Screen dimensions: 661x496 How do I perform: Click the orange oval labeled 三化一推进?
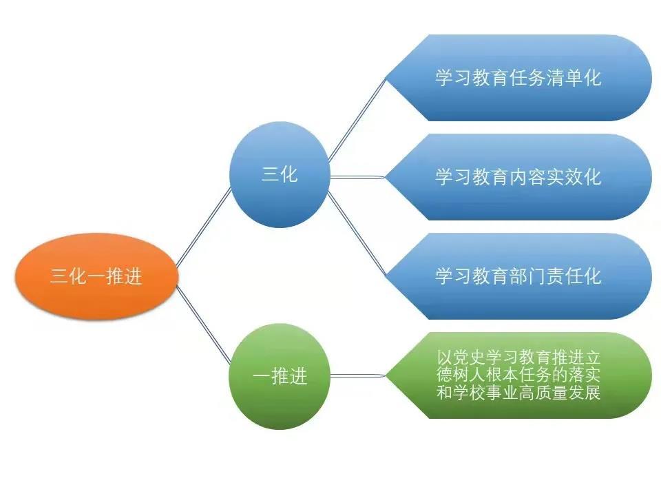[x=96, y=277]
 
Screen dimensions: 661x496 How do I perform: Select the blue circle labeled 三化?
[x=280, y=174]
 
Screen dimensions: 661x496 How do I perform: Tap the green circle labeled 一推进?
[x=280, y=376]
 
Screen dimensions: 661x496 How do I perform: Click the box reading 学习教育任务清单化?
[x=519, y=78]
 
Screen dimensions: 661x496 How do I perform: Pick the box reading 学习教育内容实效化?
[x=519, y=177]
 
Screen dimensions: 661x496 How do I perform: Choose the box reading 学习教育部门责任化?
[x=519, y=276]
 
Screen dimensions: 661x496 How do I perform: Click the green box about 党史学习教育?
[x=519, y=375]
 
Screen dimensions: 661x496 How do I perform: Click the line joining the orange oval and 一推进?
[x=204, y=324]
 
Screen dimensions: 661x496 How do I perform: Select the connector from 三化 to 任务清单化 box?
[x=357, y=120]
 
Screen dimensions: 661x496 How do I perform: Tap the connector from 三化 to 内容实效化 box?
[x=358, y=177]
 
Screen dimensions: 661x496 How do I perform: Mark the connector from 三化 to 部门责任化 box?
[x=357, y=234]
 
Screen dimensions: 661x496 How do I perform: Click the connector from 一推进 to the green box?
[x=358, y=375]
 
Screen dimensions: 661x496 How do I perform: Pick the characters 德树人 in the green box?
[x=461, y=375]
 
